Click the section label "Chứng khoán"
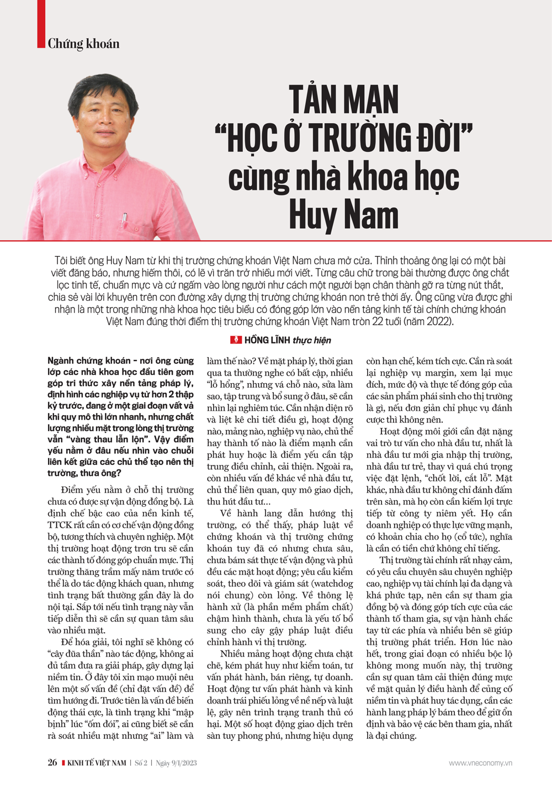point(83,44)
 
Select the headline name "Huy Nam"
point(343,215)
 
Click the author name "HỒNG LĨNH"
point(267,340)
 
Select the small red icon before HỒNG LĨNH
point(236,340)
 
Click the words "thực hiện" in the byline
point(312,340)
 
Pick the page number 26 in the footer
point(52,763)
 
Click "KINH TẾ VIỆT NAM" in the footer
point(97,763)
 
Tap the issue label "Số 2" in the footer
point(141,763)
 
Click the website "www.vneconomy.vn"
point(480,763)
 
